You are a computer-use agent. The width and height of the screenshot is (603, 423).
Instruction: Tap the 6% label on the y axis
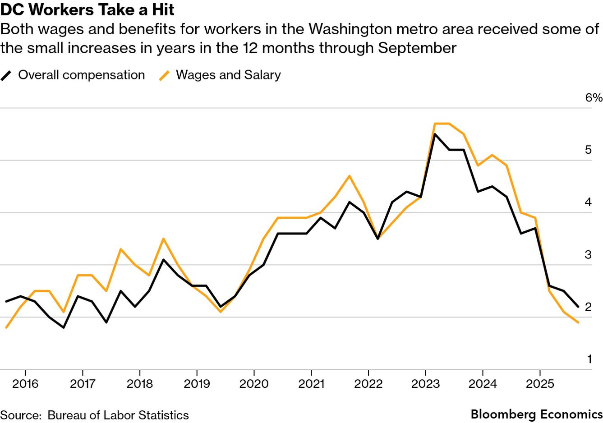click(594, 97)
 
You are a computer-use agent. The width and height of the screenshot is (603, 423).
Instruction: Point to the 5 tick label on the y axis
click(588, 150)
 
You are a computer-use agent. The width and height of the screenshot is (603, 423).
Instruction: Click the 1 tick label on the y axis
click(589, 359)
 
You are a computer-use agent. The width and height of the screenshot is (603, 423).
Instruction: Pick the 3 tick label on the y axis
click(588, 254)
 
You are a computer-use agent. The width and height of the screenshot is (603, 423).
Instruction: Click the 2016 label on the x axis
click(25, 384)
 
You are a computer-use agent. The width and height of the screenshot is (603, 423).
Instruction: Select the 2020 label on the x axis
click(254, 384)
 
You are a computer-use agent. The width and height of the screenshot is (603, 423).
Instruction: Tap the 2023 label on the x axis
click(425, 384)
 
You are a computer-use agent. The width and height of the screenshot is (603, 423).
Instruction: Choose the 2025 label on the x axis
click(540, 384)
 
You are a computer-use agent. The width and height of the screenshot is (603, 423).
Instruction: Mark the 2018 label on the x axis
click(139, 384)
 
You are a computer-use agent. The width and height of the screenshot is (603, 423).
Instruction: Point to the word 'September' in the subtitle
click(417, 48)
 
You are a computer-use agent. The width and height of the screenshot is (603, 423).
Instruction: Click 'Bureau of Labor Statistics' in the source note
click(118, 415)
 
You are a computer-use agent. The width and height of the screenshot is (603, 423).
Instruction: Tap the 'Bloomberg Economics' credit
click(536, 414)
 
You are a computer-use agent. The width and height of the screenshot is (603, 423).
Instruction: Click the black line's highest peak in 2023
click(435, 134)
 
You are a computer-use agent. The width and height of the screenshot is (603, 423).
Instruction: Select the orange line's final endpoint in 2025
click(578, 322)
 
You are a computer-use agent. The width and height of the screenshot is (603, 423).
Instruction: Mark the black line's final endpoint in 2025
click(578, 307)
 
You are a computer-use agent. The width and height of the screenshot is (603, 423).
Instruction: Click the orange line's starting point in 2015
click(6, 327)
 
